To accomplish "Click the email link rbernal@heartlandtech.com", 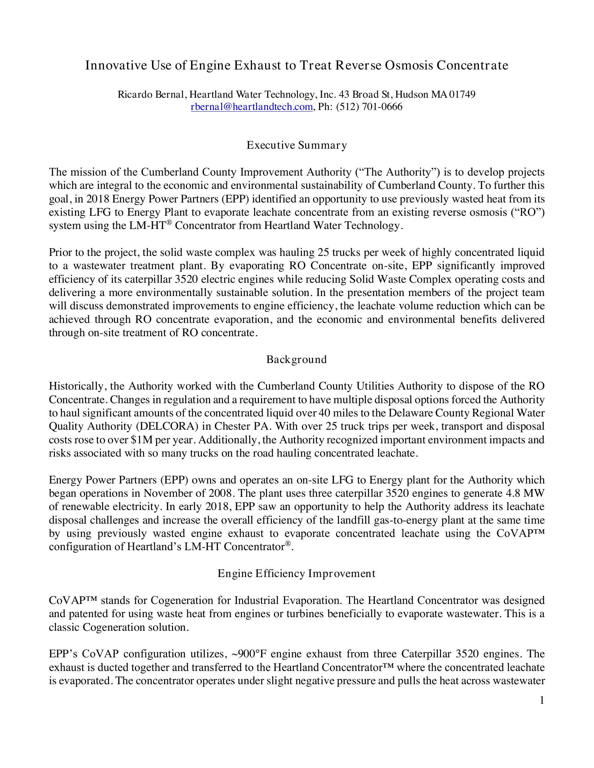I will (252, 107).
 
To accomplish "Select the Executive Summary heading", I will (297, 145).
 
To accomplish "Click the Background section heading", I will (297, 359).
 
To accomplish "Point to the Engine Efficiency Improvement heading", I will (297, 574).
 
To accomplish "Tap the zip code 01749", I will (462, 95).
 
